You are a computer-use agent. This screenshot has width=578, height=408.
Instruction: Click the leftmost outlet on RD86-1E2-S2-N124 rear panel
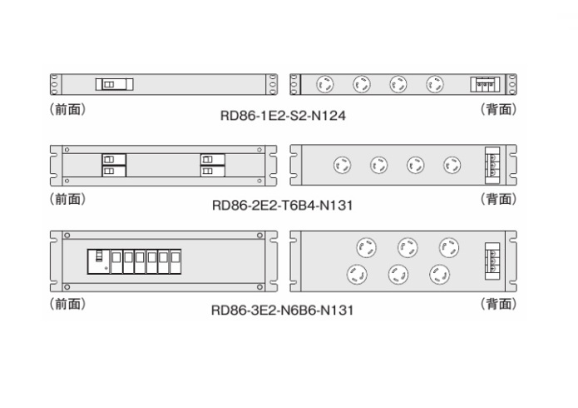[325, 84]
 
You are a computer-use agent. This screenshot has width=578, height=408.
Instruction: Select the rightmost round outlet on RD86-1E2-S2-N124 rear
[435, 84]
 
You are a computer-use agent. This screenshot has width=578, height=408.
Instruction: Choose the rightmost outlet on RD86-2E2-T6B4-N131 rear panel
[452, 165]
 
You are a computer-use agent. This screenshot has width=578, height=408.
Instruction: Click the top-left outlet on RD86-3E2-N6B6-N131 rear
[366, 247]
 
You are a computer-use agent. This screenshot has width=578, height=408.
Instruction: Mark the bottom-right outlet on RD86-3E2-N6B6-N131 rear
[438, 274]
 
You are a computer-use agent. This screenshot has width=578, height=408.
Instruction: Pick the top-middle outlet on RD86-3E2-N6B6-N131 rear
[407, 247]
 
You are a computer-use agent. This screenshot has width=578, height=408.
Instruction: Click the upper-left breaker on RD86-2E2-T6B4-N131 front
[108, 159]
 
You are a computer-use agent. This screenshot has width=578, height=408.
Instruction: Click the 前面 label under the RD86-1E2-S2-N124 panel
[67, 108]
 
